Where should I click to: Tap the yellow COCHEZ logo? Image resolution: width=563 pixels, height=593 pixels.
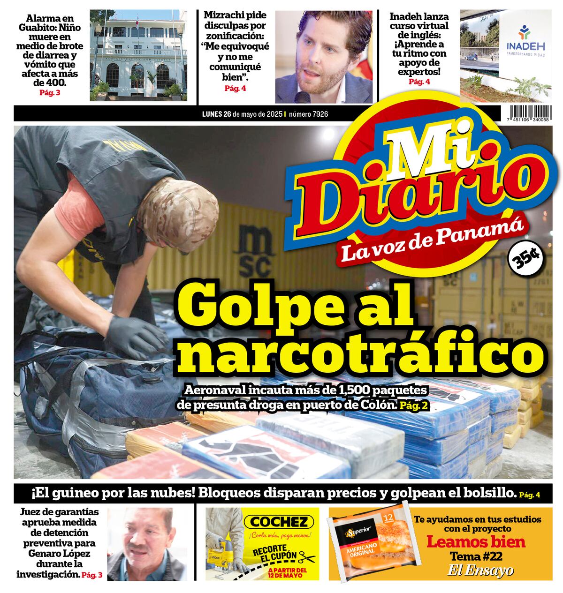281,522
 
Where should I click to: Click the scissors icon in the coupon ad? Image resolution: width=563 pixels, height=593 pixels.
307,557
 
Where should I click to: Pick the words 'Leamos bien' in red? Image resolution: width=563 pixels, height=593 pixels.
476,542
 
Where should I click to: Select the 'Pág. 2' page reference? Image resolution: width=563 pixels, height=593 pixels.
414,405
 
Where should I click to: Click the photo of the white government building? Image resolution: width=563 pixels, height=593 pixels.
138,55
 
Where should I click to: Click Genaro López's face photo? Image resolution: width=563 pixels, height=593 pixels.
145,544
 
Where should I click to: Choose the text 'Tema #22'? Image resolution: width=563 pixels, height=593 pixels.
476,557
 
